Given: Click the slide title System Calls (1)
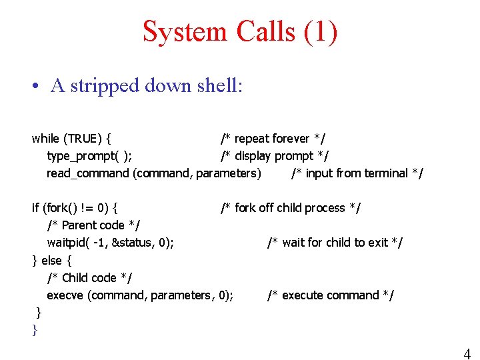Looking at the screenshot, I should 240,31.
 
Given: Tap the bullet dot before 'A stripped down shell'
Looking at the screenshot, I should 34,86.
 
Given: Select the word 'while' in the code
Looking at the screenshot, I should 45,139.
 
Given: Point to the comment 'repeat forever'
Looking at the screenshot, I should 273,139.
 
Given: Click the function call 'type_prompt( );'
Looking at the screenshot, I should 89,156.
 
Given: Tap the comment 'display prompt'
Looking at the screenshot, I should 275,156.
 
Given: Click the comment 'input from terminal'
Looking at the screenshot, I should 357,173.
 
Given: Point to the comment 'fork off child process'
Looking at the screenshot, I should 291,208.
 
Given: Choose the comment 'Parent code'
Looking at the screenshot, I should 93,225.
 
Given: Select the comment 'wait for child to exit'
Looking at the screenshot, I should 335,243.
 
